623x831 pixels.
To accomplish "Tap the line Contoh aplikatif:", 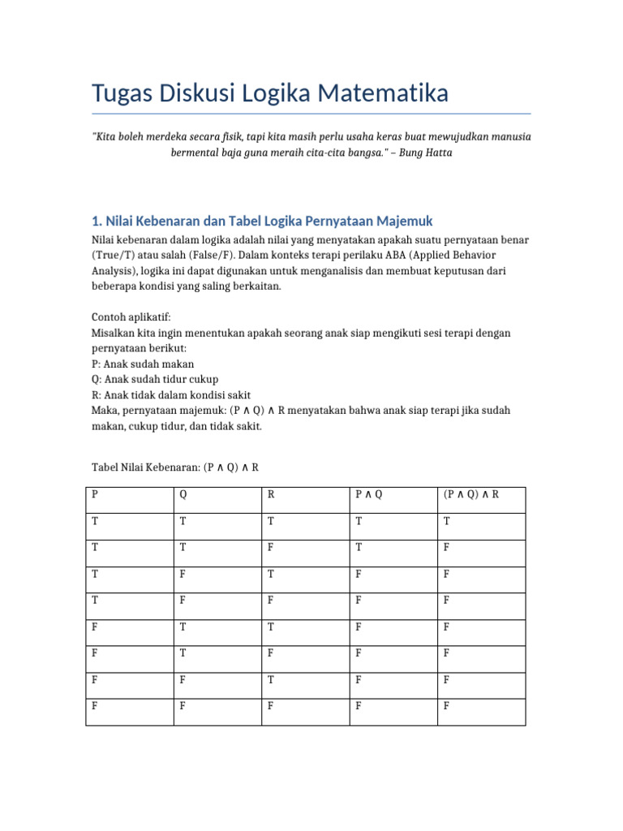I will point(131,316).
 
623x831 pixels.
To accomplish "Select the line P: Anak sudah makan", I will point(143,364).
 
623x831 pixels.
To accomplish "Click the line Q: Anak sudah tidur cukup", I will point(155,379).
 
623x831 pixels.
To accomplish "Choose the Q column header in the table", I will point(183,494).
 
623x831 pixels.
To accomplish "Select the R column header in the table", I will point(272,494).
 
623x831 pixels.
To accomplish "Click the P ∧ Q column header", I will point(368,494).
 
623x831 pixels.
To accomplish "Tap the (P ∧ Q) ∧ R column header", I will point(470,494).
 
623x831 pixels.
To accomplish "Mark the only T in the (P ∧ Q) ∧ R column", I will point(446,521).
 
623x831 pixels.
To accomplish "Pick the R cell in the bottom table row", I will point(271,706).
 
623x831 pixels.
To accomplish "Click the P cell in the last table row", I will point(95,706).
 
